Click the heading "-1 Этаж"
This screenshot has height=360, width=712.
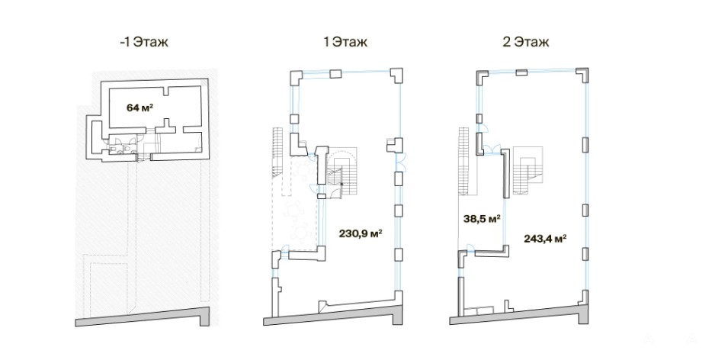tap(143, 42)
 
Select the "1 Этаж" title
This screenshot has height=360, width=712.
tap(345, 42)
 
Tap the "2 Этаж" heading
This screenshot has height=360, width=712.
tap(525, 42)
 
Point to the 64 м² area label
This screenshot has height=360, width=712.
tap(140, 108)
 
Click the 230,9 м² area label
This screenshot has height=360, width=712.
tap(360, 234)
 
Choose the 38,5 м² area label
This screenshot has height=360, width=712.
tap(481, 219)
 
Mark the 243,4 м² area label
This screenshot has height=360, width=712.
tap(545, 238)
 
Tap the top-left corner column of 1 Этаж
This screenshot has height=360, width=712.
tap(296, 76)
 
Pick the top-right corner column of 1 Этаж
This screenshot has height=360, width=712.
tap(396, 76)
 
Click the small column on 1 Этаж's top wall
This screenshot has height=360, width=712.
tap(335, 74)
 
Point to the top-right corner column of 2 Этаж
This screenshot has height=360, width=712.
tap(582, 75)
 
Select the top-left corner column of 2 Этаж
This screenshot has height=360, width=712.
tap(481, 76)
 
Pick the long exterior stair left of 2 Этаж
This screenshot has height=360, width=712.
tap(463, 161)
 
